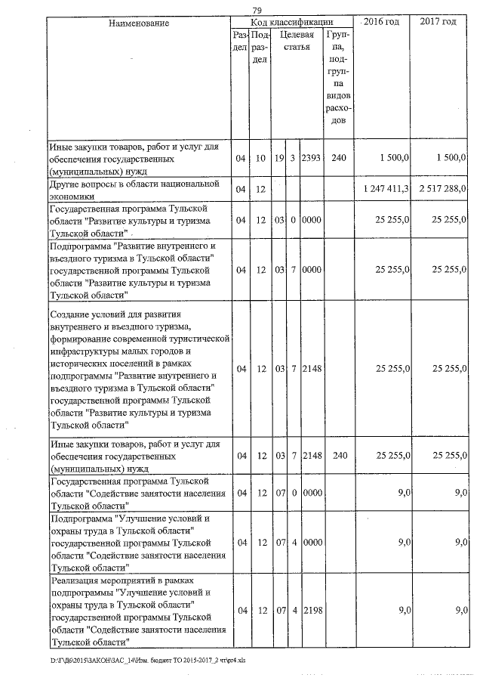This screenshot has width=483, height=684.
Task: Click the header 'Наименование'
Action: (139, 23)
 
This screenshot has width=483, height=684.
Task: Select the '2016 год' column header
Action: (381, 22)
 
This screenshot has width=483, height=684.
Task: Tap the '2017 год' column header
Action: (438, 22)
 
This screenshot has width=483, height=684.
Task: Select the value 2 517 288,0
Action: (440, 187)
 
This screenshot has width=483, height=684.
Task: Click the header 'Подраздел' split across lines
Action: (260, 48)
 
